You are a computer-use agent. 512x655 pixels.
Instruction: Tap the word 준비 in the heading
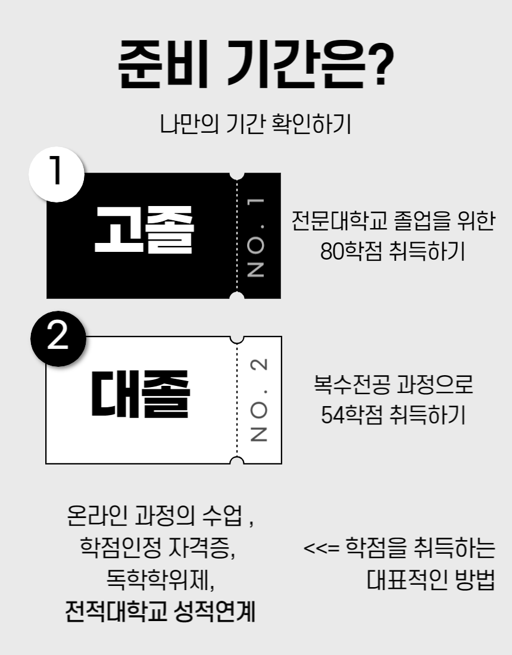(x=163, y=64)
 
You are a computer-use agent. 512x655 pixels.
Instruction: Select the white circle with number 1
(x=57, y=174)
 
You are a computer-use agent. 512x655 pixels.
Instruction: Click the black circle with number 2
(x=58, y=339)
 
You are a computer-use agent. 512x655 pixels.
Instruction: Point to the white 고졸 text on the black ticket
(x=145, y=230)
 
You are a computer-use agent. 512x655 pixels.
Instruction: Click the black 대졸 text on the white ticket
(x=141, y=394)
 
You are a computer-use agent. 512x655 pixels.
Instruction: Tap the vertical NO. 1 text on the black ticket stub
(x=255, y=237)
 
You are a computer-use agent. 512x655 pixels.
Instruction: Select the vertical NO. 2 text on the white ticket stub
(x=258, y=400)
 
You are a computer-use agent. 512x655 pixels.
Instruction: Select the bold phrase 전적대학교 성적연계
(x=160, y=612)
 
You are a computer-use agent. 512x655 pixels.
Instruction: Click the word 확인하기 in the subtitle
(x=311, y=124)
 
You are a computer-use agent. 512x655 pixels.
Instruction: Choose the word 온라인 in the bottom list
(x=97, y=516)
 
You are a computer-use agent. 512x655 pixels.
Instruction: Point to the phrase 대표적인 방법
(x=430, y=580)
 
